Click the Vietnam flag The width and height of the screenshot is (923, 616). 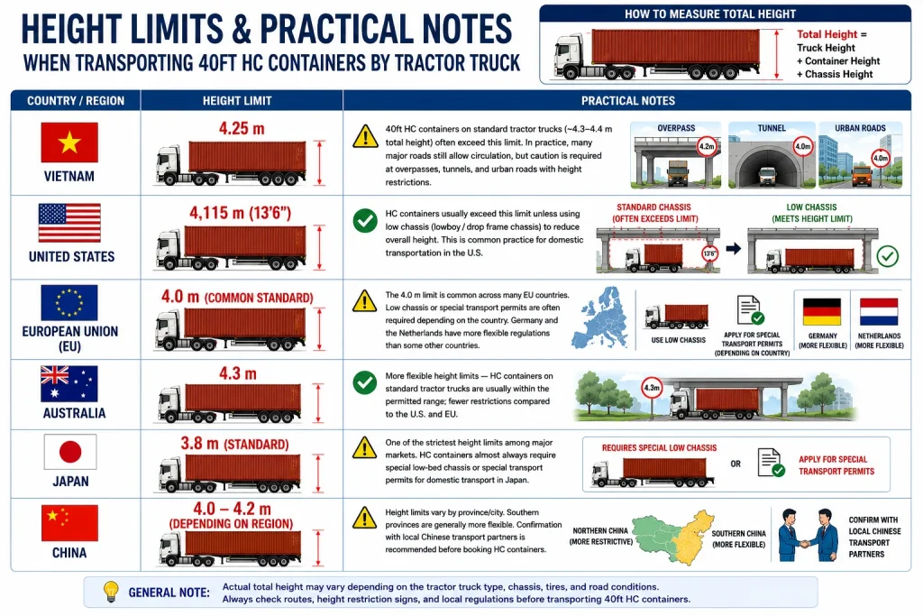(x=69, y=143)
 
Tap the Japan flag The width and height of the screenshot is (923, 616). (x=70, y=452)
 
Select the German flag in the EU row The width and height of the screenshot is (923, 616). (x=822, y=312)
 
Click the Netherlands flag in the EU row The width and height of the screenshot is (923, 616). (x=879, y=312)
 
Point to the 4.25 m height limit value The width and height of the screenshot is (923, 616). (x=242, y=128)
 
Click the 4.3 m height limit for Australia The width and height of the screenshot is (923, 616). (x=238, y=373)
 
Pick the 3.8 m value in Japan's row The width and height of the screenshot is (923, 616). (x=199, y=444)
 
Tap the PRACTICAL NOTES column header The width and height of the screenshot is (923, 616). (x=628, y=101)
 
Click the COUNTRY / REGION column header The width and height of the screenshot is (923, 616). (x=76, y=101)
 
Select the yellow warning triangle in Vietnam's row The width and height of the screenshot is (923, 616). (x=365, y=136)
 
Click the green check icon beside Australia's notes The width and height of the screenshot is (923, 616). (x=365, y=382)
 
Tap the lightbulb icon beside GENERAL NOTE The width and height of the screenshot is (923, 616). (x=111, y=592)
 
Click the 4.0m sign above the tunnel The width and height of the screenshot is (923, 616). (x=803, y=146)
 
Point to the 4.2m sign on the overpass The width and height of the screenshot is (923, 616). (x=707, y=146)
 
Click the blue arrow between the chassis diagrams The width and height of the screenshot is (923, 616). (x=733, y=249)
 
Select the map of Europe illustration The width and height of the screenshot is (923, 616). (x=601, y=318)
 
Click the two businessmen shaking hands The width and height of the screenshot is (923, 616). (x=809, y=536)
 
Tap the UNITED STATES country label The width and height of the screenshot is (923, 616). (x=72, y=257)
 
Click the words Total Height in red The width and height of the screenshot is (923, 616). (x=827, y=34)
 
